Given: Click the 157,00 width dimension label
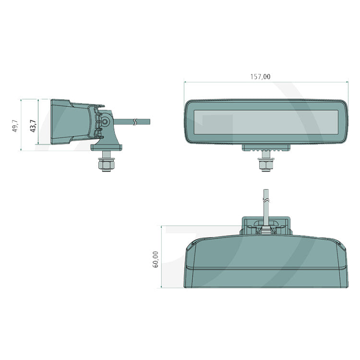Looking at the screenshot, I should point(260,76).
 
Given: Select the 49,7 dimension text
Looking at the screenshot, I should point(15,126).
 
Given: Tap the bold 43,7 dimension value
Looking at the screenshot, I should point(33,126).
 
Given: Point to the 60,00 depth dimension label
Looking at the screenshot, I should point(156,259).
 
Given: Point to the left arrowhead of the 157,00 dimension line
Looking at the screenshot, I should point(186,82).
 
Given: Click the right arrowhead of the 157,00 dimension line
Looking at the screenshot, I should point(347,82).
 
